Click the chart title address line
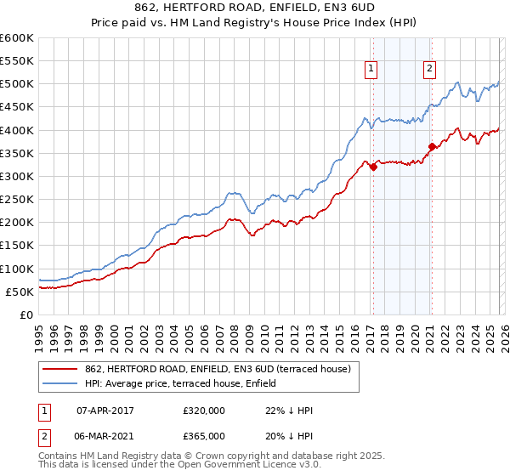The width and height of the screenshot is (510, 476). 255,8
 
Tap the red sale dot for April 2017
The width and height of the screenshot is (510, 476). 373,167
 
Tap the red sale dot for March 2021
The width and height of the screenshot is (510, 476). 432,146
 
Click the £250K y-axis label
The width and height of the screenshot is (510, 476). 17,200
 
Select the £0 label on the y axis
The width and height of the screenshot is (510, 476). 25,314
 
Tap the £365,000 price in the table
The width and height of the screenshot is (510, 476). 204,435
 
